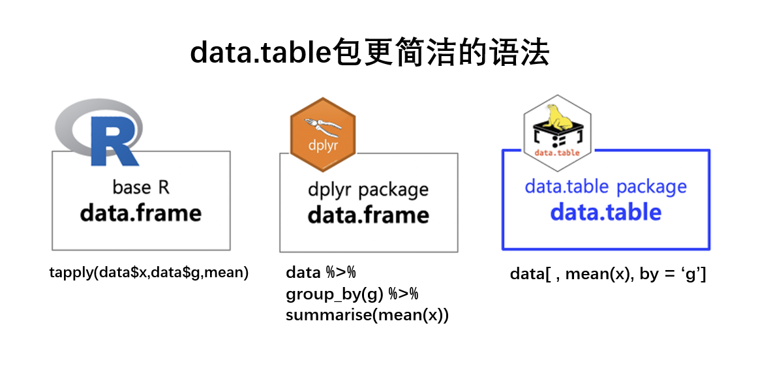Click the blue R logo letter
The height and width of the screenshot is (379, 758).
coord(114,141)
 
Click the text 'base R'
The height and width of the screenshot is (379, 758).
coord(141,187)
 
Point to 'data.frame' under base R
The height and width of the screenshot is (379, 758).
coord(141,213)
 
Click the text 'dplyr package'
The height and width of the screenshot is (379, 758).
coord(368,190)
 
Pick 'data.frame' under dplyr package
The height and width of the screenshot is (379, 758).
coord(368,215)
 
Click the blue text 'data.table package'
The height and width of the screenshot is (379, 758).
coord(605,187)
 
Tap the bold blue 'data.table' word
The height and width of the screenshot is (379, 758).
coord(605,212)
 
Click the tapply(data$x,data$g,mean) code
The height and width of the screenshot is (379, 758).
coord(149,273)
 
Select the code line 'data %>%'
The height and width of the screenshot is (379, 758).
coord(320,273)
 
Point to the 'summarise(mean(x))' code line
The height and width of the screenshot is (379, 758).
coord(367,316)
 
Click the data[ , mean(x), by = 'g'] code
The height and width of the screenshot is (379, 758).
coord(608,274)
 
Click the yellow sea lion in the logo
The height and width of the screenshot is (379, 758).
coord(558,117)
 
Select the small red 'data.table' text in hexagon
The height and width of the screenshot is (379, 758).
coord(557,153)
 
